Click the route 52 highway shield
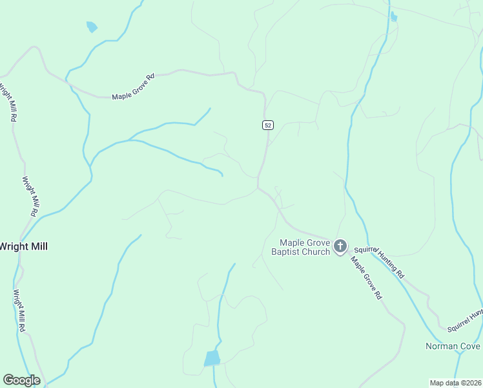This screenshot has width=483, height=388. [267, 125]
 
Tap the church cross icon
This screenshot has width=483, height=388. [340, 246]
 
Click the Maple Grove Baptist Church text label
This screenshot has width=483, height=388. [301, 247]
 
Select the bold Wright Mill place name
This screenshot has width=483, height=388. [24, 246]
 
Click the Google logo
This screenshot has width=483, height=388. [21, 380]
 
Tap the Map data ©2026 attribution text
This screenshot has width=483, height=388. [455, 383]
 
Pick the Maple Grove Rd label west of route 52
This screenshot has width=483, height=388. [134, 87]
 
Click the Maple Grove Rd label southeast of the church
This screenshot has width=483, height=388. [367, 278]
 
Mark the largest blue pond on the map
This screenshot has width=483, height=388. [212, 358]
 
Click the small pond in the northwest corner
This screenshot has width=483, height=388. [92, 27]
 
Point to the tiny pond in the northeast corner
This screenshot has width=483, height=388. [394, 17]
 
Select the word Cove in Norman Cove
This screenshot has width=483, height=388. [471, 346]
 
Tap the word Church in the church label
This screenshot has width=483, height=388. [316, 252]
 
